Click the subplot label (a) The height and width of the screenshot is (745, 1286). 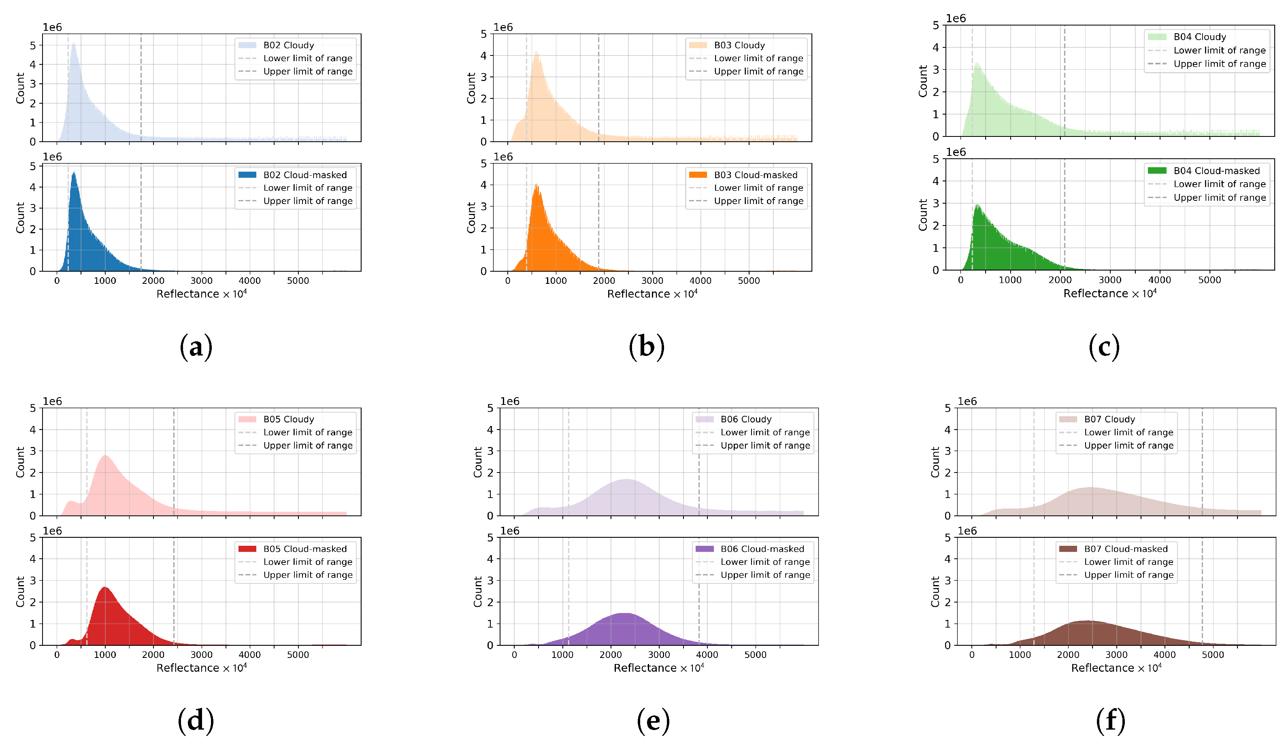[196, 347]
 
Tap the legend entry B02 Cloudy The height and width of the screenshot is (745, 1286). [288, 45]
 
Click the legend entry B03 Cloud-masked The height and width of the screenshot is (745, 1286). [755, 175]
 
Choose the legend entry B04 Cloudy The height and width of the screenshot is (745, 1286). [1199, 37]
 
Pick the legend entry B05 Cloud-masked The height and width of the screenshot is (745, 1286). [304, 549]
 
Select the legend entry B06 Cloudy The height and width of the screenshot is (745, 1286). [745, 419]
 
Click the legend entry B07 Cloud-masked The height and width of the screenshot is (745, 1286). [1126, 549]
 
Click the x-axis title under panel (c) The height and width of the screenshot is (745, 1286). [1109, 294]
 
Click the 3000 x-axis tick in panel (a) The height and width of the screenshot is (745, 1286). [201, 281]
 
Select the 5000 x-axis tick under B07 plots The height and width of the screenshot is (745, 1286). [1213, 655]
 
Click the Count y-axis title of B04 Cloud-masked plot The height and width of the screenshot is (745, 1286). [923, 215]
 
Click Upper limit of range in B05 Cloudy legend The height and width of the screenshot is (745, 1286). [308, 445]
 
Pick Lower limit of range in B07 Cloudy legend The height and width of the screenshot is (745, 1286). [1128, 432]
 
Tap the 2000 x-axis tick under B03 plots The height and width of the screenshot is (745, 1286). [604, 281]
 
